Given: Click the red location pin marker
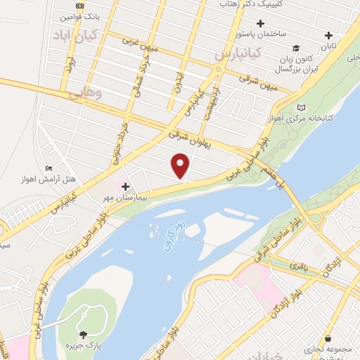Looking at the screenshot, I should click(181, 165).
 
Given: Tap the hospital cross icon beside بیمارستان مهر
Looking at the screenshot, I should click(126, 187).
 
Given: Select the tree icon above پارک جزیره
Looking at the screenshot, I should click(84, 335).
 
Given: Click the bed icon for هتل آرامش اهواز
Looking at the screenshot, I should click(49, 168).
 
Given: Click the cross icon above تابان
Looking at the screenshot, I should click(328, 35).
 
